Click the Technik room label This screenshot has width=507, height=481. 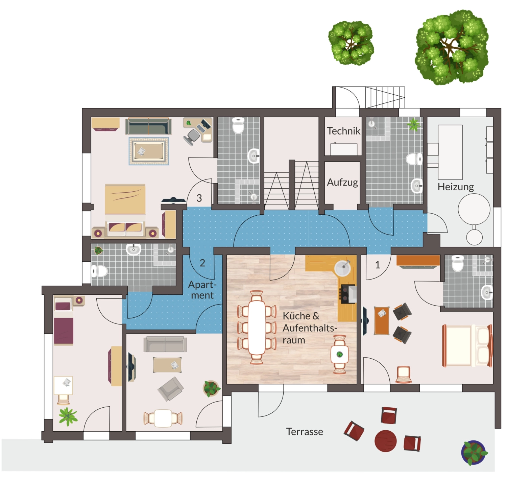tap(343, 131)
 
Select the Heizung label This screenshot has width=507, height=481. tap(456, 187)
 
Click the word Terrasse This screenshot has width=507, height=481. tap(305, 432)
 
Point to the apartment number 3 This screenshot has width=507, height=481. tap(199, 198)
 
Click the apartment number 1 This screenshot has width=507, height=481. tap(378, 265)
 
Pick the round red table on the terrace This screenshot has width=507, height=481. tap(386, 441)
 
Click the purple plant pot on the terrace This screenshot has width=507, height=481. tap(474, 452)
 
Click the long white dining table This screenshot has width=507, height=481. tap(257, 328)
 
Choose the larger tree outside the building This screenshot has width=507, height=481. tap(452, 48)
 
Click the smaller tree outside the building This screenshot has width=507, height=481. tap(351, 43)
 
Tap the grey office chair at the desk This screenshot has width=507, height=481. tap(192, 137)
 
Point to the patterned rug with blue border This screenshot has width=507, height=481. tap(149, 151)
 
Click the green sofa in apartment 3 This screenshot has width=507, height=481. tap(148, 126)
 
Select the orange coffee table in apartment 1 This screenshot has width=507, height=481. tap(381, 320)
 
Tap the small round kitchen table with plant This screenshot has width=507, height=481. tap(339, 355)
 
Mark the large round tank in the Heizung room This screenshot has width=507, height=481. tap(474, 210)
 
